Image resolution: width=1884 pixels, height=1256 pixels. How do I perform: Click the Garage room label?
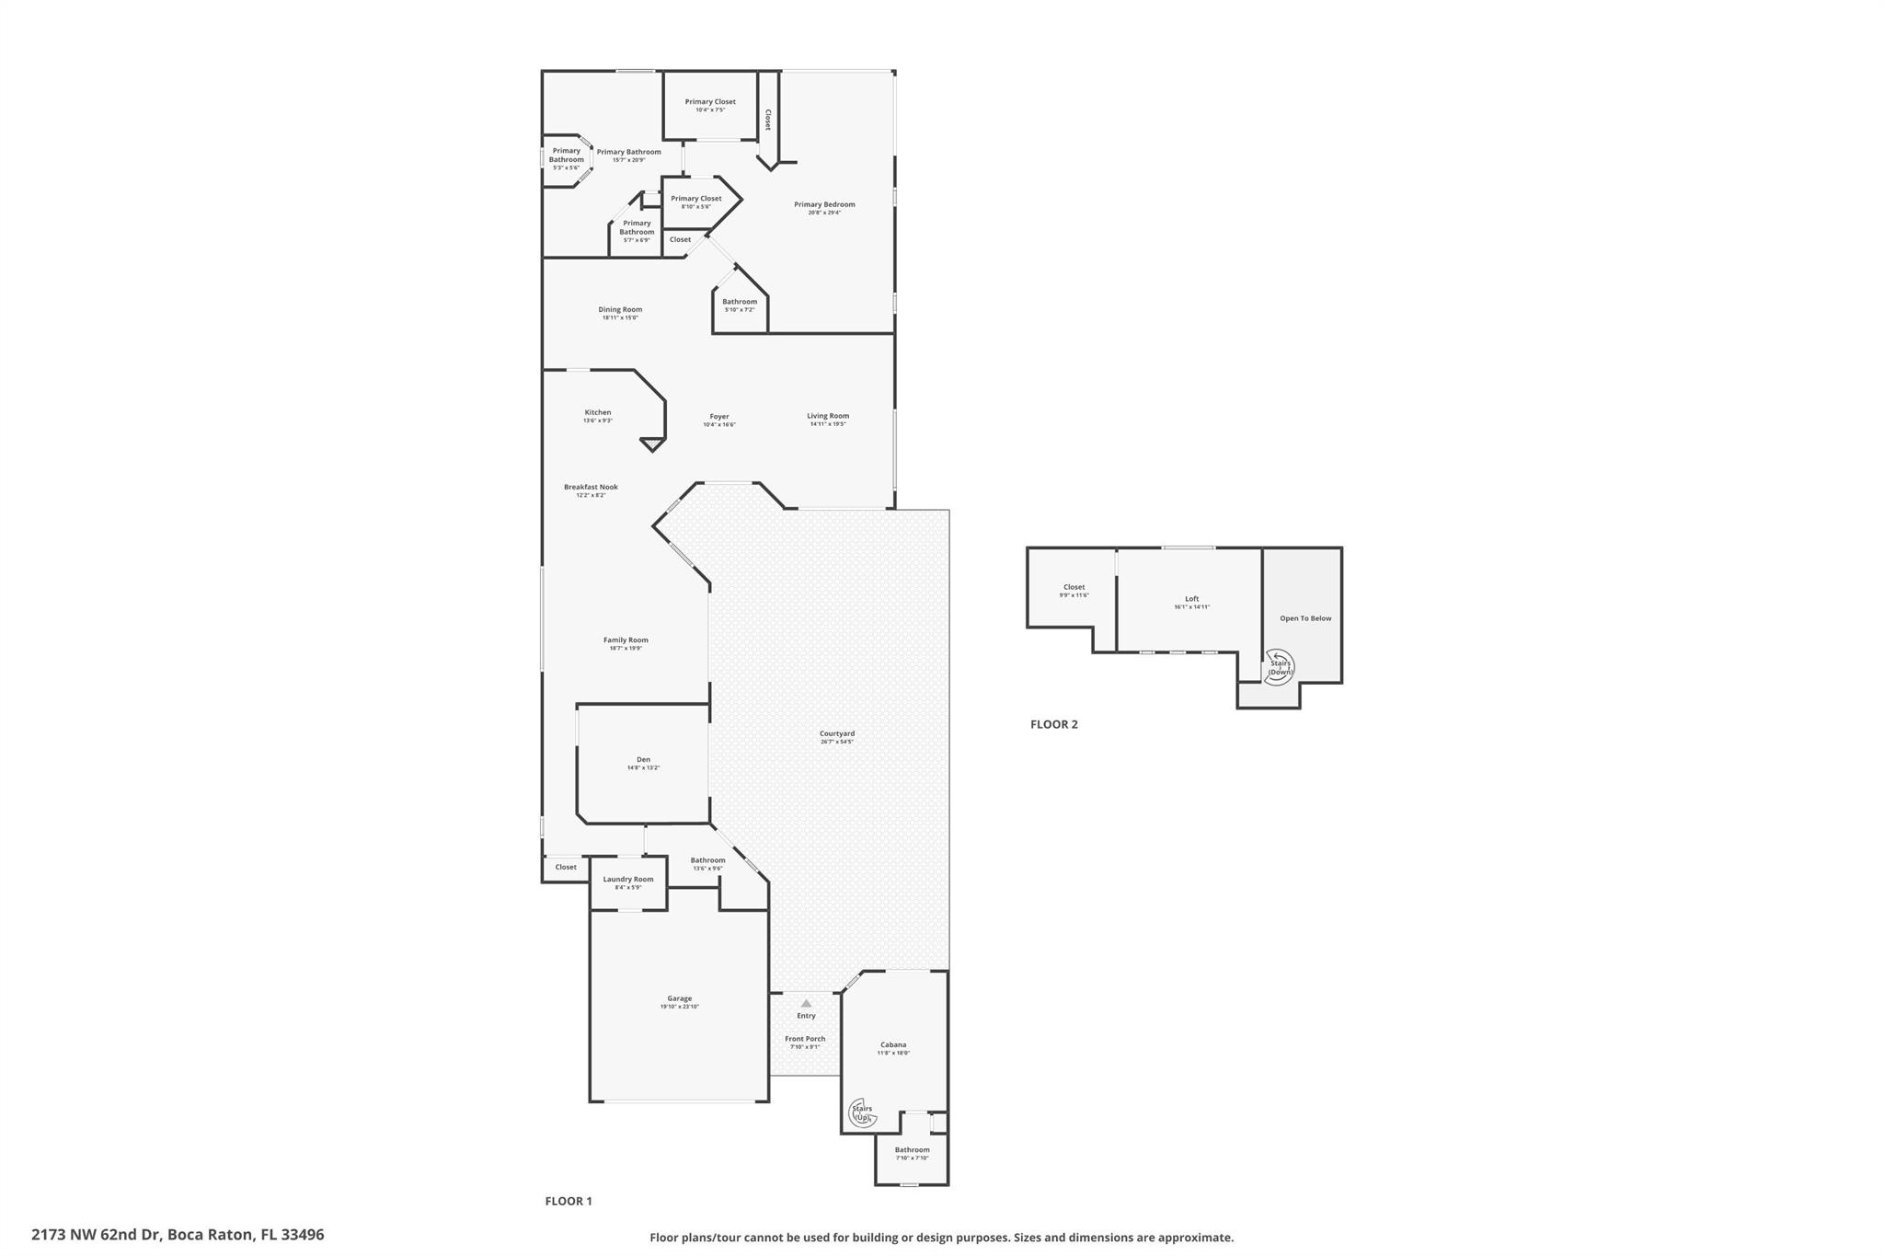point(679,998)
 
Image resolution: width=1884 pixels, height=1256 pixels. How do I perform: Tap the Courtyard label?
point(837,733)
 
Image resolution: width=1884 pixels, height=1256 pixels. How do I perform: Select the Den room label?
point(643,759)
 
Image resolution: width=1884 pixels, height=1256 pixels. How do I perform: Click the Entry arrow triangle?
point(806,1003)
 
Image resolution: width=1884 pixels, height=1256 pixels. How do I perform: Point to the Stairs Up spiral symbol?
point(861,1113)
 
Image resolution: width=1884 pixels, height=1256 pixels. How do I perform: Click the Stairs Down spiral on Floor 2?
point(1279,667)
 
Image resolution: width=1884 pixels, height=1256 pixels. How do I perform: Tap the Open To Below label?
point(1305,618)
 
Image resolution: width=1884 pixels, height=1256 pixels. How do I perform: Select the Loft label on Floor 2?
point(1191,599)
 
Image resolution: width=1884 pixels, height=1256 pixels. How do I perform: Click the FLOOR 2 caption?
point(1053,724)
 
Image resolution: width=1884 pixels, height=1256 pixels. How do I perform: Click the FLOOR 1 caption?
point(569,1201)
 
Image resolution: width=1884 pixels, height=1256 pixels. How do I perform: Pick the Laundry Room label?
point(628,879)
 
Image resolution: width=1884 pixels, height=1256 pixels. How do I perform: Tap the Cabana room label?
point(893,1044)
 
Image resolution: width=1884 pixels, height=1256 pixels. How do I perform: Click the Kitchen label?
point(598,412)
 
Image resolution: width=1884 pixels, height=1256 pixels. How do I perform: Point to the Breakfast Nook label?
point(591,487)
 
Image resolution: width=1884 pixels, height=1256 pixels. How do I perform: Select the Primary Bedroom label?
point(824,204)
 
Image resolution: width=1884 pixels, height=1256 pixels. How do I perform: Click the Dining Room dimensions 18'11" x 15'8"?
point(620,317)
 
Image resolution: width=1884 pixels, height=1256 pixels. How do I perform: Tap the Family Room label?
point(626,640)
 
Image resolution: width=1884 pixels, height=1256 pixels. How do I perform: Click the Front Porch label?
point(805,1039)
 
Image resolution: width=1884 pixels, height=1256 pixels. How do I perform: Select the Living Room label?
point(828,416)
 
